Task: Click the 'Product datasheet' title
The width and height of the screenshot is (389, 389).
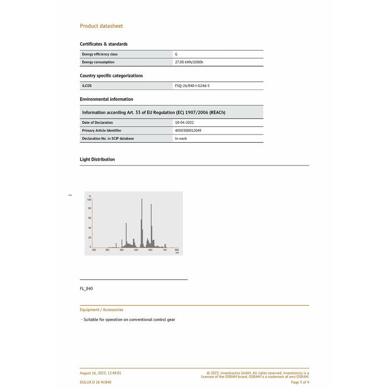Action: point(101,26)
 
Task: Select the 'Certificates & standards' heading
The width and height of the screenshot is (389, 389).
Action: point(103,44)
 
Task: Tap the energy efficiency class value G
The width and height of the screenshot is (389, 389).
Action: point(176,54)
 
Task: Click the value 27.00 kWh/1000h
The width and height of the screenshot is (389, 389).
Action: point(189,62)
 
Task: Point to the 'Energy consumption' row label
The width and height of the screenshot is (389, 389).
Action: point(98,62)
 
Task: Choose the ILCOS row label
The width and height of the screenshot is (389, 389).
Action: point(87,86)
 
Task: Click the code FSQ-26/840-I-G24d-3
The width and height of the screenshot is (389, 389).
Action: point(192,86)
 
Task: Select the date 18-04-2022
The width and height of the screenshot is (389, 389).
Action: point(184,122)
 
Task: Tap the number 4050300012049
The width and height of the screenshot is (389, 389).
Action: point(188,130)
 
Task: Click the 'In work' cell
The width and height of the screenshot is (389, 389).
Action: point(181,138)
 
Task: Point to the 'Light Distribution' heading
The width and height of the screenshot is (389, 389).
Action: point(97,159)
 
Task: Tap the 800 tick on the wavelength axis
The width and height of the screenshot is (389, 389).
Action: point(177,251)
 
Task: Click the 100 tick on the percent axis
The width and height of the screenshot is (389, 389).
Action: point(89,200)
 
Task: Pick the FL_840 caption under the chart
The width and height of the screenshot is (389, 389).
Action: point(86,288)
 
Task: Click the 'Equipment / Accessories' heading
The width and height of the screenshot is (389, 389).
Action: point(102,310)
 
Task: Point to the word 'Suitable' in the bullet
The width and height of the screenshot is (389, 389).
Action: point(91,320)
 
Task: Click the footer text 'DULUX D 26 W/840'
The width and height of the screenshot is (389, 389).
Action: point(96,382)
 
